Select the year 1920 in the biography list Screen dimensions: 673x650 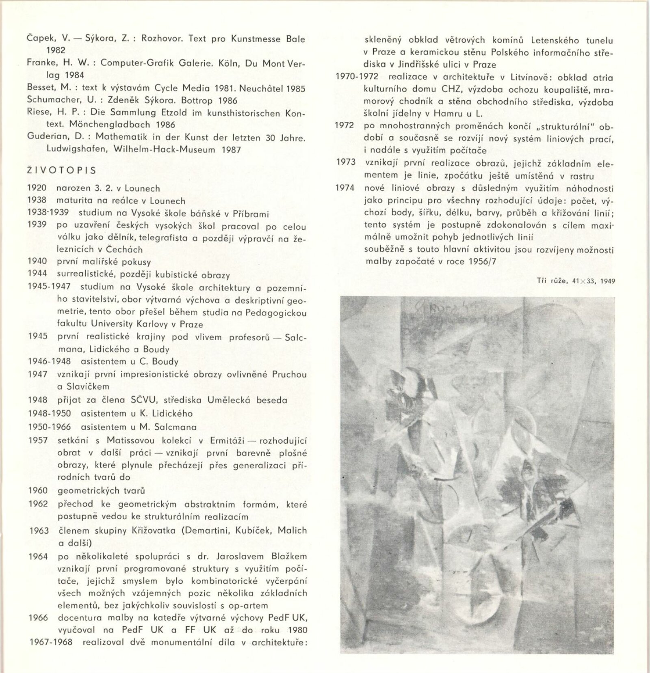(37, 188)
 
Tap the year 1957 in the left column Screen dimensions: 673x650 (38, 440)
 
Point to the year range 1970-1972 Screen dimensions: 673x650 (357, 77)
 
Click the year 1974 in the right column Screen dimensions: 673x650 (345, 188)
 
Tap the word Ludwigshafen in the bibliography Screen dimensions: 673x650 (77, 149)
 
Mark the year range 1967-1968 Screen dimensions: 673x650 (51, 642)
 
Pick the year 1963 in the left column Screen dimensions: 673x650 (39, 531)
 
